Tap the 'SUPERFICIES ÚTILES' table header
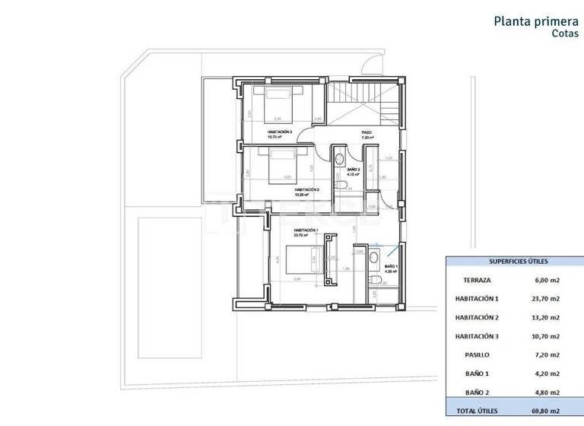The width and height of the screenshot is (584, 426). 514,260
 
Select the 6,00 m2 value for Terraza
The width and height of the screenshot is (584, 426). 547,280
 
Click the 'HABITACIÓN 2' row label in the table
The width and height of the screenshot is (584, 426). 477,317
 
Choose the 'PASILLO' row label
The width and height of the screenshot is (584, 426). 477,354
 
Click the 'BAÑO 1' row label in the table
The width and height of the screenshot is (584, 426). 477,374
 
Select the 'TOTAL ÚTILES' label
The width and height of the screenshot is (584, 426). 477,411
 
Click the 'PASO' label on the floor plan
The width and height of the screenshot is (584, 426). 367,132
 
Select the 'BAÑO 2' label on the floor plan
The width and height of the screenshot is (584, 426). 353,170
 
